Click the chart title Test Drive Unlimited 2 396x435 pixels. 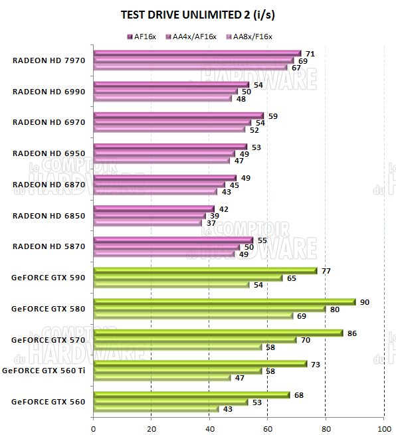coord(197,14)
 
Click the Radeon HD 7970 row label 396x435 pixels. coord(49,60)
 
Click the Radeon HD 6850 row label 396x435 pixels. coord(49,215)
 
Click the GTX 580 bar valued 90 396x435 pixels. coord(225,302)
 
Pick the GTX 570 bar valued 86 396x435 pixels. coord(219,333)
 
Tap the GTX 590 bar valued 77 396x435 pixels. coord(205,270)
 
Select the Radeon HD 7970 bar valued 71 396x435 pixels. coord(197,53)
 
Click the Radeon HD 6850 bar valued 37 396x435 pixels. coord(148,223)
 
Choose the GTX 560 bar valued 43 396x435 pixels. coord(156,409)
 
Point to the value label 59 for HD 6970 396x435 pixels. coord(272,116)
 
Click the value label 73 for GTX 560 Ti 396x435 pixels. coord(316,365)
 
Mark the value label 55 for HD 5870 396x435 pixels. coord(262,240)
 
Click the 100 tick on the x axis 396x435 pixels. coord(383,428)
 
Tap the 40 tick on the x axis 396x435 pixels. coord(209,428)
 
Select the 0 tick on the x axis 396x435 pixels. coord(94,428)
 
